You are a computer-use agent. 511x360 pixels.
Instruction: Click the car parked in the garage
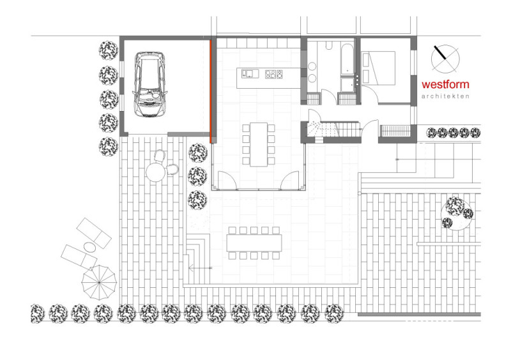click(x=149, y=84)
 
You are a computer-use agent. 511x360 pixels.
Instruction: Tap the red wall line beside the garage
click(x=211, y=91)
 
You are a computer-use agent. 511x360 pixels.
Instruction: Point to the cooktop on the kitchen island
click(x=274, y=74)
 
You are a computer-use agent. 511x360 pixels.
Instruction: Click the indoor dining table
click(x=259, y=144)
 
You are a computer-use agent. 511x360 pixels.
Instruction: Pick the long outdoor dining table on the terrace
click(x=254, y=243)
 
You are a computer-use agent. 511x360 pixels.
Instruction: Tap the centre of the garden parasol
click(x=99, y=283)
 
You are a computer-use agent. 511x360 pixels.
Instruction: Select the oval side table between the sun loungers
click(x=89, y=247)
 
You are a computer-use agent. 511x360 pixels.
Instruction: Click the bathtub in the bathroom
click(x=347, y=59)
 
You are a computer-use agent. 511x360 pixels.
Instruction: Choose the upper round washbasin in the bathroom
click(x=312, y=66)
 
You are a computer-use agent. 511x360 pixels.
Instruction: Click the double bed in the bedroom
click(x=379, y=68)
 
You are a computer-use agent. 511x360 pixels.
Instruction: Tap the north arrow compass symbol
click(x=445, y=59)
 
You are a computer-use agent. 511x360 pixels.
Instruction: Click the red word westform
click(x=445, y=84)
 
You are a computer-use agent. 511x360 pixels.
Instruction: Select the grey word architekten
click(x=445, y=96)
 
